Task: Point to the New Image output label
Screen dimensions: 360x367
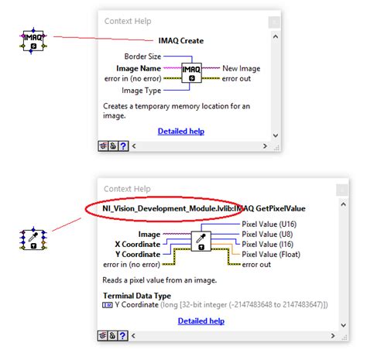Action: point(241,68)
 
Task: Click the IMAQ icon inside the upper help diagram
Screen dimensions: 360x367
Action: point(193,72)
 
